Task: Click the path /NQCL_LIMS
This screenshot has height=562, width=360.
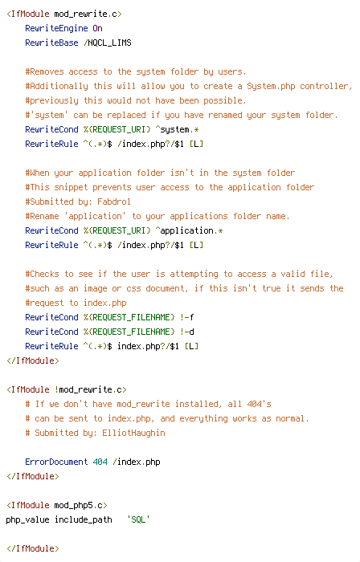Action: (x=108, y=43)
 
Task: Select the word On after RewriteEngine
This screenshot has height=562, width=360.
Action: (x=97, y=28)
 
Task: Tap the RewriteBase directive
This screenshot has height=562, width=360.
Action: (x=51, y=43)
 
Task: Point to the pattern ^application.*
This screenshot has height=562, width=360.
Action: (x=189, y=230)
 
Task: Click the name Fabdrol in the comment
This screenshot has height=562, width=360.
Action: (x=114, y=202)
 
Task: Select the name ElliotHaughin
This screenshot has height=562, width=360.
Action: (x=133, y=433)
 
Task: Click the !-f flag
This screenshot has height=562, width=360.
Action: (x=186, y=317)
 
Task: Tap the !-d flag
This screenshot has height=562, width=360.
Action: (x=186, y=332)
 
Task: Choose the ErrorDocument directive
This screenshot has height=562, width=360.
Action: (x=56, y=462)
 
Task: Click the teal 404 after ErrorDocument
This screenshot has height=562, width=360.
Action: (x=100, y=462)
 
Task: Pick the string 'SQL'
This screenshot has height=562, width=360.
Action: (x=138, y=519)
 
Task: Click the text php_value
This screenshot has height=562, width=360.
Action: (x=27, y=519)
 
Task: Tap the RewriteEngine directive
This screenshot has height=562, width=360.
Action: (x=56, y=28)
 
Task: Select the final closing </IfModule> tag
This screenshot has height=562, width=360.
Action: (x=33, y=548)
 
